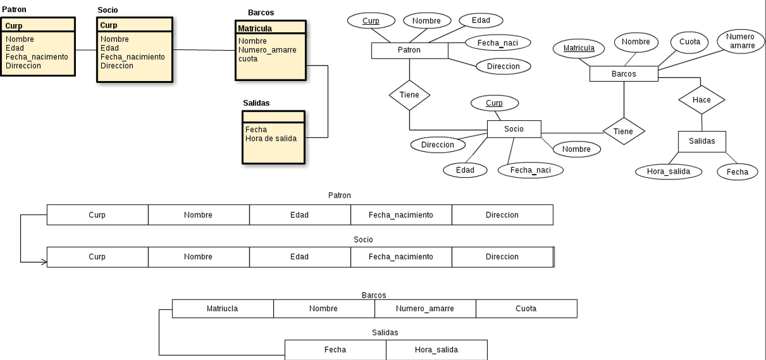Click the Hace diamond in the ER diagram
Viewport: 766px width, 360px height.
702,100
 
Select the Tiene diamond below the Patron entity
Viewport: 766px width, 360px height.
409,95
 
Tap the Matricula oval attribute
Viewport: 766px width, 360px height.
579,48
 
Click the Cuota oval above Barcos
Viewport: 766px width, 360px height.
690,42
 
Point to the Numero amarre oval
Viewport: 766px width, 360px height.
741,41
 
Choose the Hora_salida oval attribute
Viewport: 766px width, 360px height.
668,171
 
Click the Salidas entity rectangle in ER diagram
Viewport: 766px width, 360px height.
702,141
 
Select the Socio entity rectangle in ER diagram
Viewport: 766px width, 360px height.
514,129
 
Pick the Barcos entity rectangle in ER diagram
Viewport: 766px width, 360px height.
623,74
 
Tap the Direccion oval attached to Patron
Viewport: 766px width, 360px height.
503,67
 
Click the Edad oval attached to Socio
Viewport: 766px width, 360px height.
465,170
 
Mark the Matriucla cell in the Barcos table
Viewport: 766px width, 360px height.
223,309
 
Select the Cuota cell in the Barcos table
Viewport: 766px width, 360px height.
526,309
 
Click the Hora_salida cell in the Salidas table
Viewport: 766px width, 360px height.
436,350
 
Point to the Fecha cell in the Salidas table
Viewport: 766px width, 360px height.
335,350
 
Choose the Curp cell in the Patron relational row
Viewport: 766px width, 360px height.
97,215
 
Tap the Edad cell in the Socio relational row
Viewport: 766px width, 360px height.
300,257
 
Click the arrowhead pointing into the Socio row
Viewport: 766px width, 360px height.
44,262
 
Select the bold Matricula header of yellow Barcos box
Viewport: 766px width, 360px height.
255,29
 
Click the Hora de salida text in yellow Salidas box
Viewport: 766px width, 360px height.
271,139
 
